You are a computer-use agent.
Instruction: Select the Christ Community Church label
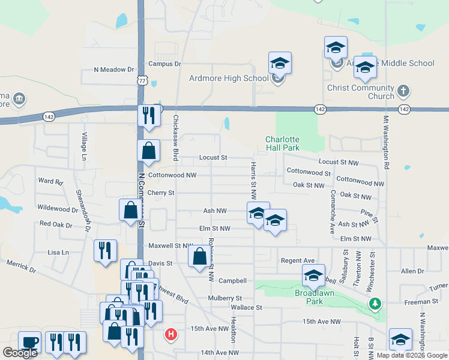point(361,92)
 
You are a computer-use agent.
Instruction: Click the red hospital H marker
point(171,334)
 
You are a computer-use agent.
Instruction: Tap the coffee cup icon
point(29,342)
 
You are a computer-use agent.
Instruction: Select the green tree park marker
point(375,304)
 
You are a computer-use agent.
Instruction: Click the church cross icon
point(403,91)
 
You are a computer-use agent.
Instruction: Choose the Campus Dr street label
point(164,64)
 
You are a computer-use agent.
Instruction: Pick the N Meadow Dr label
point(113,70)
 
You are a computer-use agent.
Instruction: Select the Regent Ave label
point(298,260)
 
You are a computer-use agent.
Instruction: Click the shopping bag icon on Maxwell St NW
point(200,256)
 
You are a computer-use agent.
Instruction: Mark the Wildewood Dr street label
point(58,209)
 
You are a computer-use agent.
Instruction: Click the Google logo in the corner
point(20,353)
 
